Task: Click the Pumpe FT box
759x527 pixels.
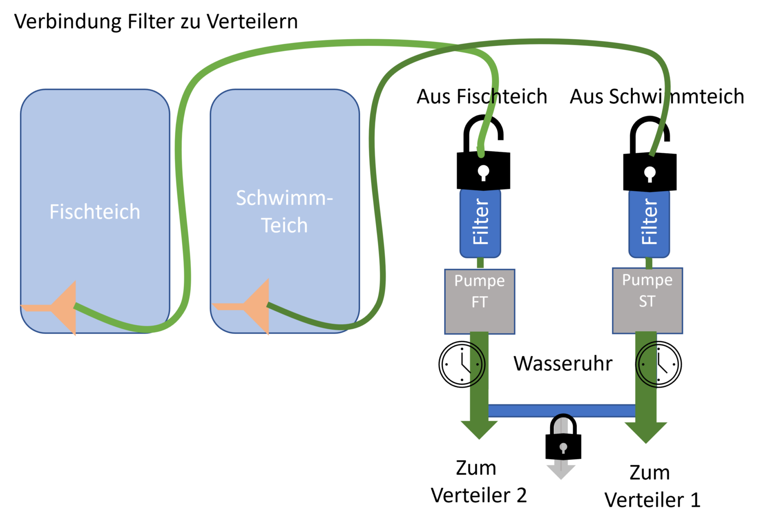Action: point(479,302)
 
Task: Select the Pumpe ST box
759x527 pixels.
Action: point(647,301)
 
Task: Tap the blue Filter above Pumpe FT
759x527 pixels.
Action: point(480,223)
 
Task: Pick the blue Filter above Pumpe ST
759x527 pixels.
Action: point(649,223)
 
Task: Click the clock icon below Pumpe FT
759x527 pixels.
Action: point(462,364)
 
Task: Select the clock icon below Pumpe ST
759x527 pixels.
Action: point(658,364)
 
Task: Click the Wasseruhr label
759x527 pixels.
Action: point(563,364)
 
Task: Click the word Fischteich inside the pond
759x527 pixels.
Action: point(95,212)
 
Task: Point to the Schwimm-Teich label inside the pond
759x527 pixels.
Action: point(285,212)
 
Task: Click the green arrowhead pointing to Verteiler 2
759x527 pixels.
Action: point(479,430)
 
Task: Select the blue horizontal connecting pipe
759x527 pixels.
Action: point(561,410)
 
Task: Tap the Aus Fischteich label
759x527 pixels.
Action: point(482,96)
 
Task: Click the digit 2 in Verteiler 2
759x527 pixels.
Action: point(521,495)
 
